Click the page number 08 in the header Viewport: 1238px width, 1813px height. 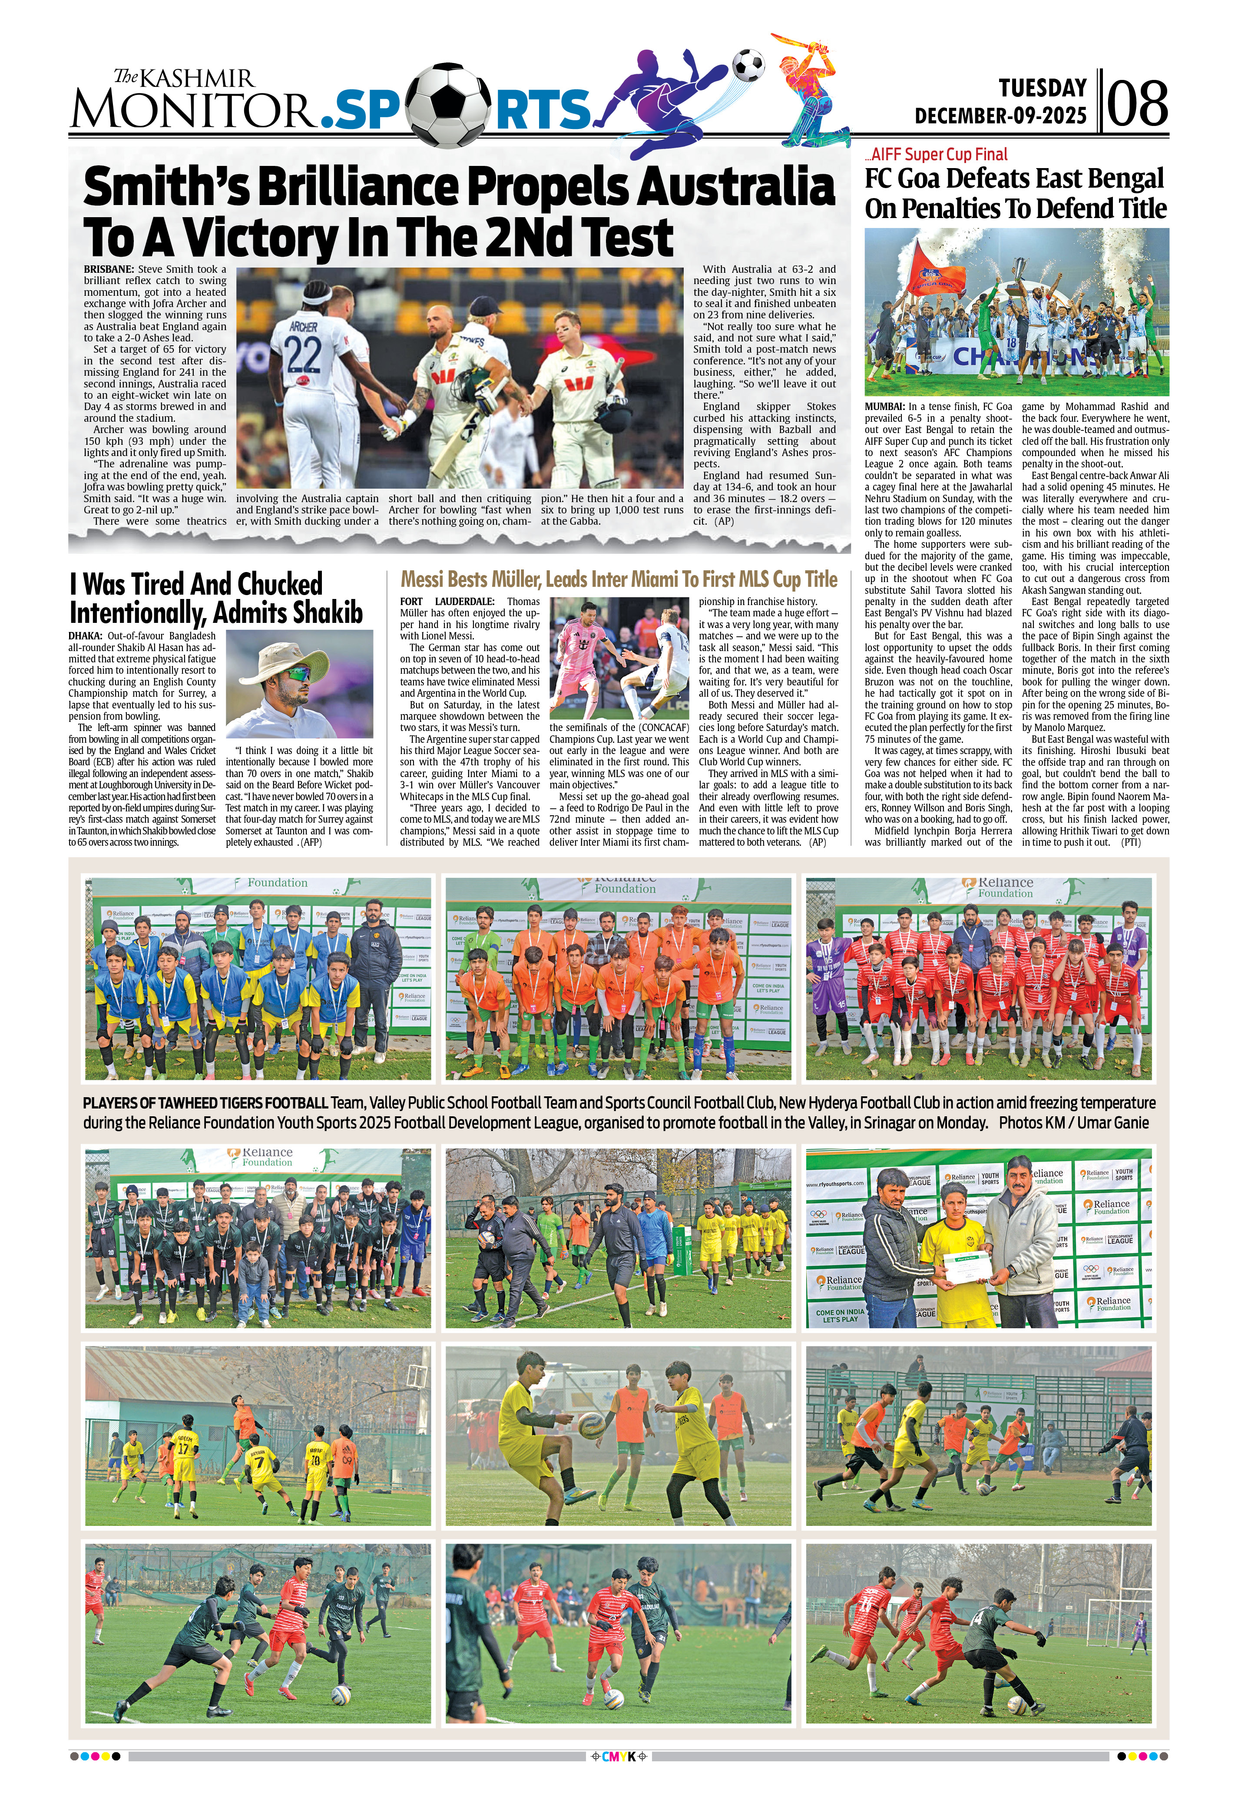tap(1137, 104)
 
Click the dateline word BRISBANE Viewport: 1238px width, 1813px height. tap(109, 269)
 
